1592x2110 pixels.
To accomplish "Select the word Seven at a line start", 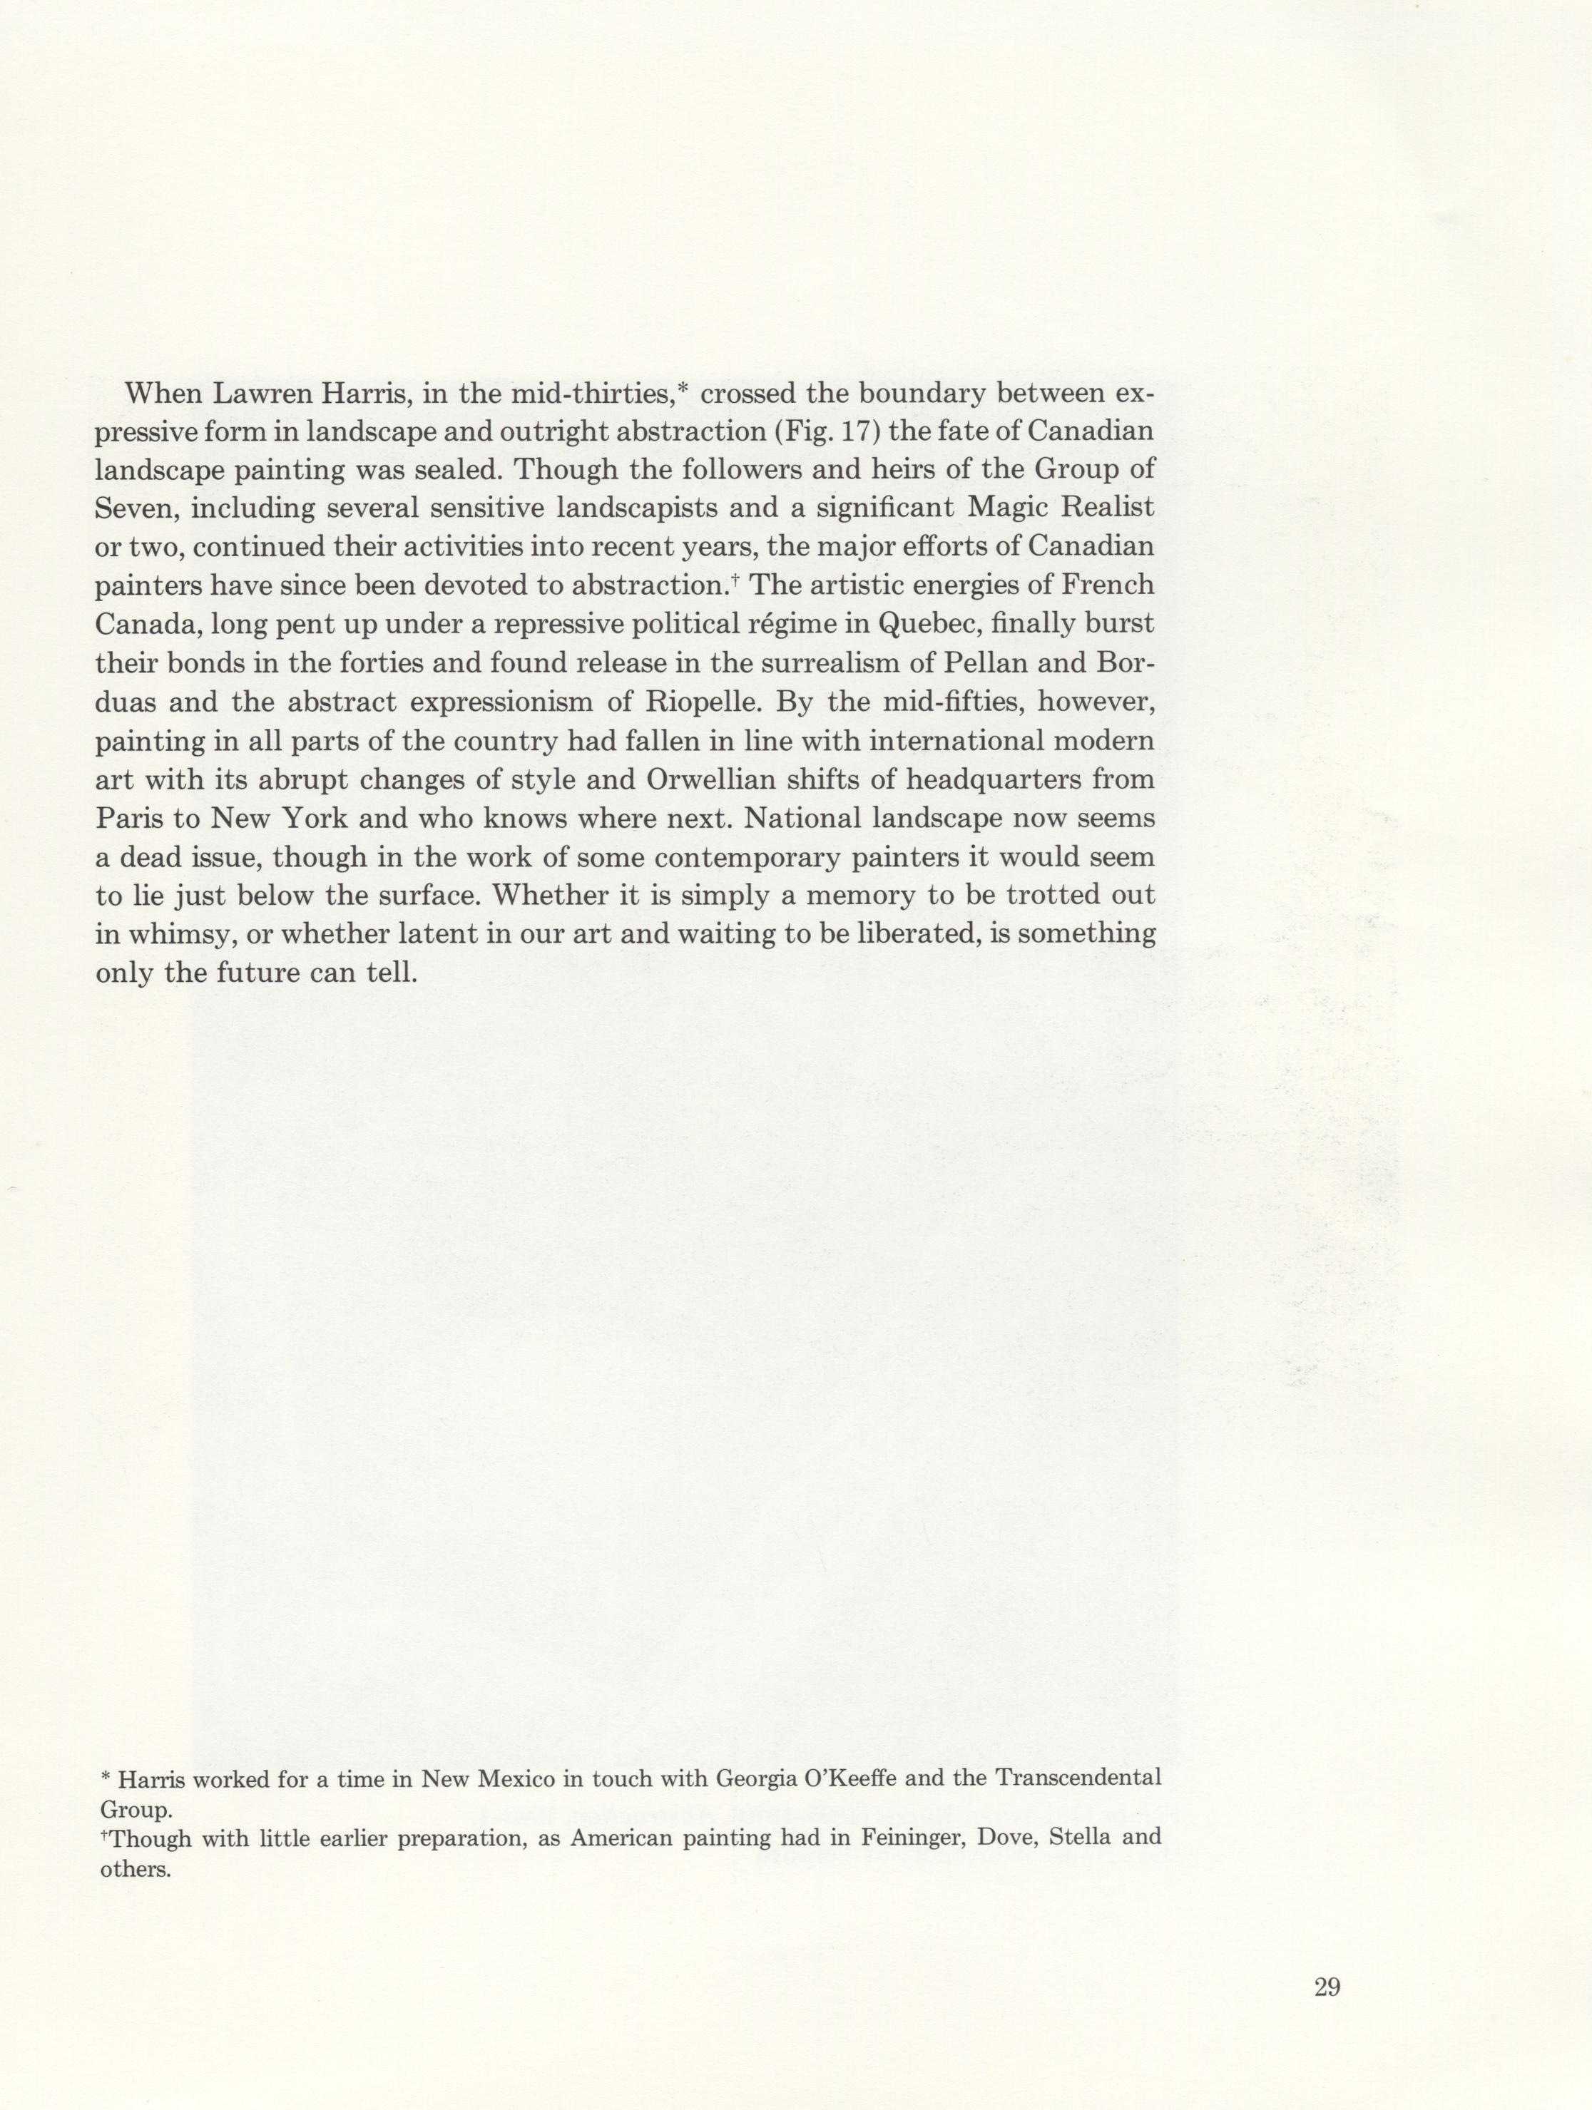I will [135, 508].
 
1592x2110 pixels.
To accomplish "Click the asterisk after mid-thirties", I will [682, 387].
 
